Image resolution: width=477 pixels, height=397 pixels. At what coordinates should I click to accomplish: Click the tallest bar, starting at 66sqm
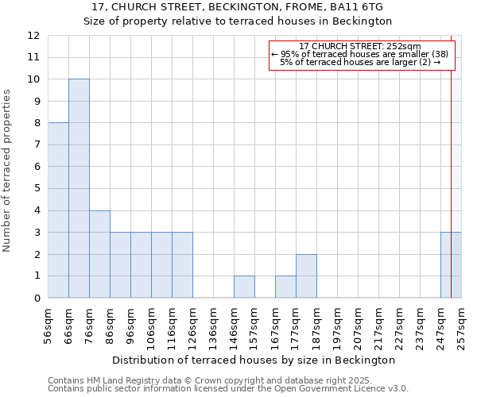[79, 188]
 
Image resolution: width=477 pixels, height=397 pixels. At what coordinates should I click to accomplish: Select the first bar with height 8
[58, 210]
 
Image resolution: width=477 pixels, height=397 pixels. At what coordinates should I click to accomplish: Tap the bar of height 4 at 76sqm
[99, 254]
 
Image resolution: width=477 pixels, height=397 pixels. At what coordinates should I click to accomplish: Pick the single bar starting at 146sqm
[244, 287]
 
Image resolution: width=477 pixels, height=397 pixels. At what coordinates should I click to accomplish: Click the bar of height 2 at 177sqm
[306, 276]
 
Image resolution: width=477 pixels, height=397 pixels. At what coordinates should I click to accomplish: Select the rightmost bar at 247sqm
[451, 265]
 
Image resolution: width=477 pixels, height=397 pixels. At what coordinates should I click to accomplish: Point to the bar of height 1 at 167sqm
[285, 287]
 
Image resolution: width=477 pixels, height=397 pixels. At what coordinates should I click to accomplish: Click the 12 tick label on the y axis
[33, 36]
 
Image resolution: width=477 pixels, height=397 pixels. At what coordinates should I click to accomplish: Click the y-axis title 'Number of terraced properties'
[7, 170]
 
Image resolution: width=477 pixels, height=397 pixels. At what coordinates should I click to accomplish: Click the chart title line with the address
[238, 6]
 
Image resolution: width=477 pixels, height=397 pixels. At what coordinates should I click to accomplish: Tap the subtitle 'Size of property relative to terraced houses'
[238, 21]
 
